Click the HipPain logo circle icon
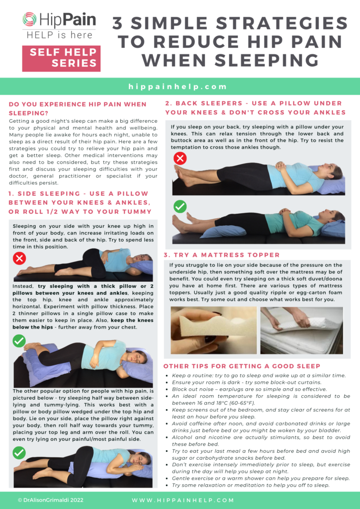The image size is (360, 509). (x=29, y=20)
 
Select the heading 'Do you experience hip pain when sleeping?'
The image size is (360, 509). (x=78, y=108)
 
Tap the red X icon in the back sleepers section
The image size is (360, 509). (x=179, y=159)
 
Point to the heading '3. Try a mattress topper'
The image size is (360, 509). (x=221, y=254)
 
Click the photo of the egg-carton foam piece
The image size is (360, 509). (x=214, y=330)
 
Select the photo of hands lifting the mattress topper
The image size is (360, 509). (x=302, y=330)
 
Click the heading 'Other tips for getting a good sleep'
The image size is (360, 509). (x=242, y=366)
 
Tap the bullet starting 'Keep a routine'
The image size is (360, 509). (x=259, y=375)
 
